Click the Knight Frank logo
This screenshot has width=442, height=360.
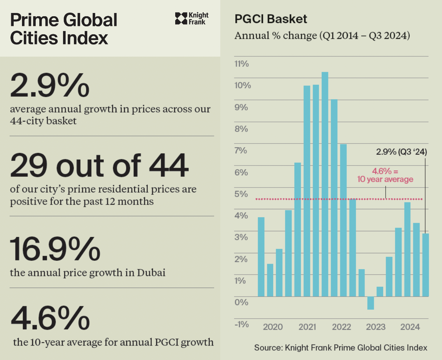192,18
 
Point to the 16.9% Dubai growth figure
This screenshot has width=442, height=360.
55,249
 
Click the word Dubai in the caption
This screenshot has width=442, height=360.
151,272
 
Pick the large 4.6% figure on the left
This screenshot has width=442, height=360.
50,317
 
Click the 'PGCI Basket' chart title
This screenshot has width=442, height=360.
271,19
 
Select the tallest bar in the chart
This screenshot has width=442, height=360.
325,184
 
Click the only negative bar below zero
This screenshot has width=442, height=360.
371,303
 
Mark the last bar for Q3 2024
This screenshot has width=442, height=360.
425,265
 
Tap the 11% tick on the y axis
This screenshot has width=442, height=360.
242,64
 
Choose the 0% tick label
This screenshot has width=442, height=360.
242,302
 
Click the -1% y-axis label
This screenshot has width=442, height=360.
241,324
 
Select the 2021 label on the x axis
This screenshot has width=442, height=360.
307,327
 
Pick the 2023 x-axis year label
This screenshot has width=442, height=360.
376,327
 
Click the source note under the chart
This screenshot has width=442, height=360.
340,348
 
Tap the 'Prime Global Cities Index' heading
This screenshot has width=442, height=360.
64,29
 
